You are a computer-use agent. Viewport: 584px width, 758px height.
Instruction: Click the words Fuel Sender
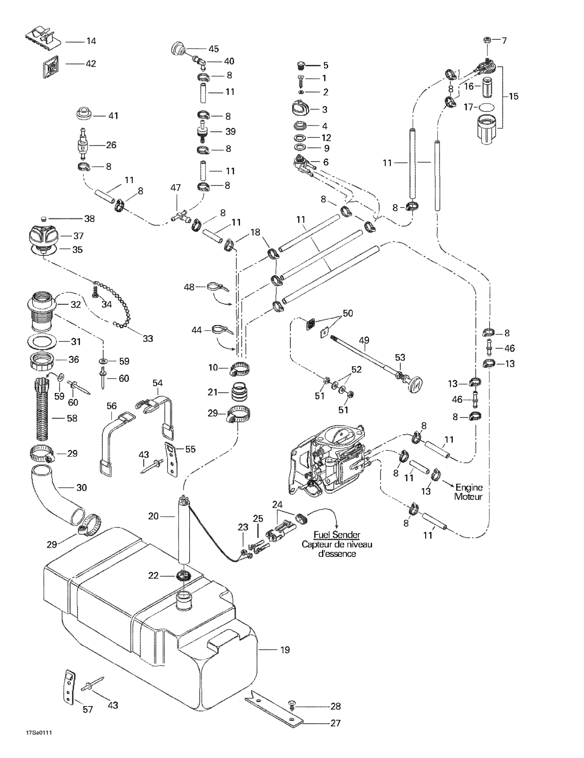click(x=337, y=535)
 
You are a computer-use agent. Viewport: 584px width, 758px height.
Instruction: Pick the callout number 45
click(x=213, y=49)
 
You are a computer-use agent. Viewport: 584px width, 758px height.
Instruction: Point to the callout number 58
click(x=72, y=418)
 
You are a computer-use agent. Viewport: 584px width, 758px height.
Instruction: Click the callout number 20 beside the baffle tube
click(x=153, y=516)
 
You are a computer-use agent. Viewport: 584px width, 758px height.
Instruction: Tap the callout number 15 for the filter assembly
click(x=514, y=96)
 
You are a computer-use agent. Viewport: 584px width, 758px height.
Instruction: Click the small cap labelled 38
click(x=44, y=218)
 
